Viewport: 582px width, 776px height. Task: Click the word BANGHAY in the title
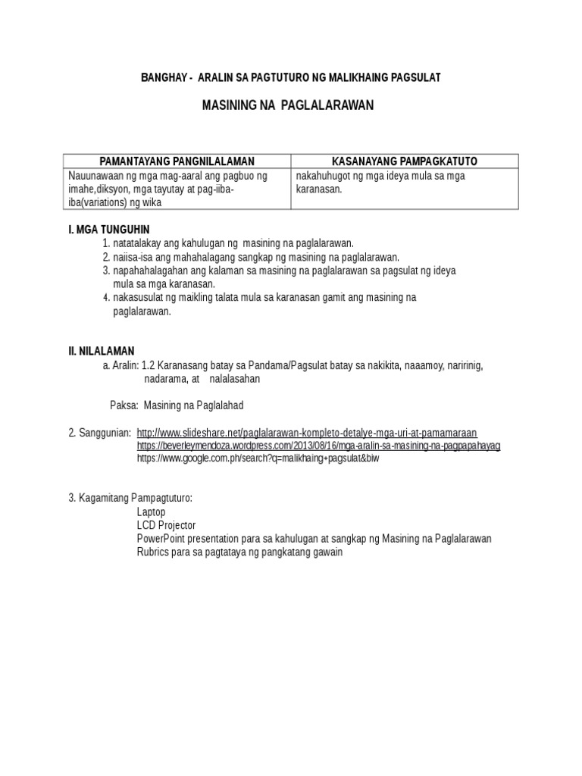pyautogui.click(x=163, y=78)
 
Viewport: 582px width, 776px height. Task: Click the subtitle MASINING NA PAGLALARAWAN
pyautogui.click(x=288, y=105)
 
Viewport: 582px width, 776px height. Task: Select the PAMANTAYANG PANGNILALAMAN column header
pyautogui.click(x=177, y=161)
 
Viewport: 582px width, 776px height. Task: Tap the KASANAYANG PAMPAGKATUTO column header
pyautogui.click(x=405, y=161)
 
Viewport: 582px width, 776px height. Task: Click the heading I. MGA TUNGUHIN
pyautogui.click(x=109, y=229)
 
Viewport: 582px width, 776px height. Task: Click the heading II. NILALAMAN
pyautogui.click(x=102, y=351)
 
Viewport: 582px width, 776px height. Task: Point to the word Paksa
pyautogui.click(x=124, y=405)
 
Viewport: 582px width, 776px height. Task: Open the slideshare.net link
pyautogui.click(x=307, y=433)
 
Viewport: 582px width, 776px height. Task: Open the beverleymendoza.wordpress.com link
pyautogui.click(x=318, y=446)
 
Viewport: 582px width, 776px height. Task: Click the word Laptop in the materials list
pyautogui.click(x=151, y=512)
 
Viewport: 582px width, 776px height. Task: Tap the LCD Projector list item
pyautogui.click(x=166, y=525)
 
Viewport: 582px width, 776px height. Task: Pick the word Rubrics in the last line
pyautogui.click(x=153, y=552)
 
